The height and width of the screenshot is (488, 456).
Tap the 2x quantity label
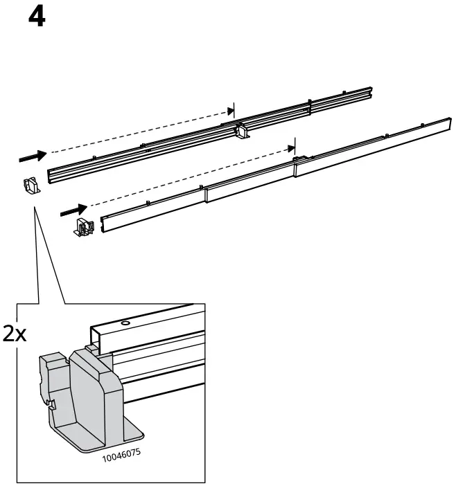(x=15, y=334)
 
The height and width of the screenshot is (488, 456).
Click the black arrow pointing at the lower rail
(x=75, y=208)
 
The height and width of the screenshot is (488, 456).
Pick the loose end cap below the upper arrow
(x=30, y=185)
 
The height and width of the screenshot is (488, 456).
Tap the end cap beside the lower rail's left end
(x=83, y=228)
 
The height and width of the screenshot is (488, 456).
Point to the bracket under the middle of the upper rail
(x=243, y=132)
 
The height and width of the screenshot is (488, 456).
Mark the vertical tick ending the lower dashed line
(x=294, y=146)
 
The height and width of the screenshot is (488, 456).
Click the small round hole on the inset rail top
(x=125, y=323)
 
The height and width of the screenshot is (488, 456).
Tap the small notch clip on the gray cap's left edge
(x=50, y=403)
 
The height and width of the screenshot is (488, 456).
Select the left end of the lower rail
(x=104, y=222)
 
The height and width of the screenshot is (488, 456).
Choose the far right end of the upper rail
(x=371, y=91)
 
